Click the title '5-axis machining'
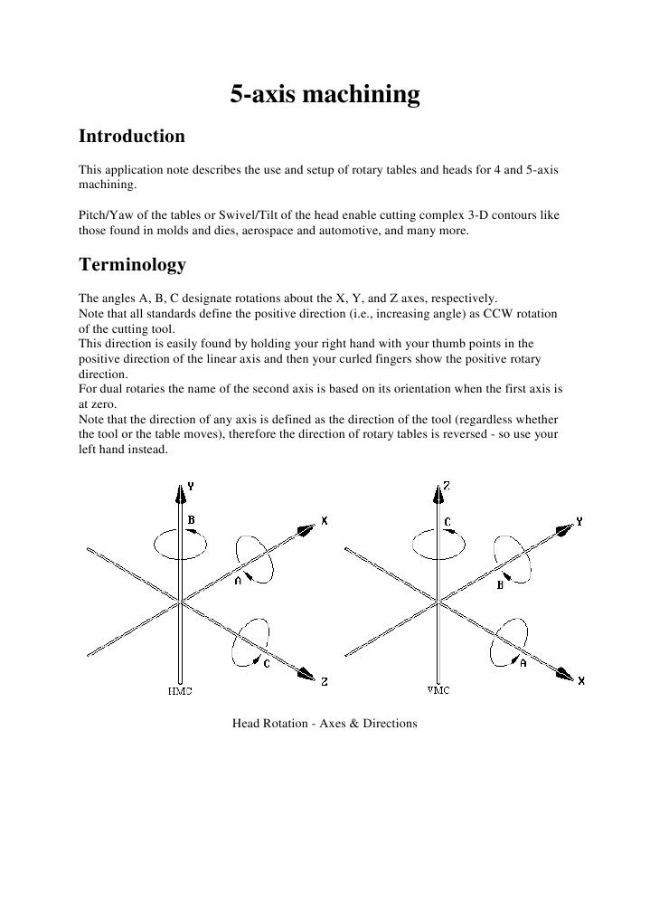(x=325, y=95)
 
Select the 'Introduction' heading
(x=132, y=137)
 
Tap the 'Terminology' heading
(x=132, y=265)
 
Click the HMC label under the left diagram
(x=180, y=691)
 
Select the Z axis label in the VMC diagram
(x=447, y=486)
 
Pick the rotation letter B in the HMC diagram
(x=191, y=520)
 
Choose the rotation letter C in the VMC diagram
(x=447, y=522)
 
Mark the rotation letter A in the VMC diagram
(x=523, y=662)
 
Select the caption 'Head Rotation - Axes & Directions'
(x=325, y=725)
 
